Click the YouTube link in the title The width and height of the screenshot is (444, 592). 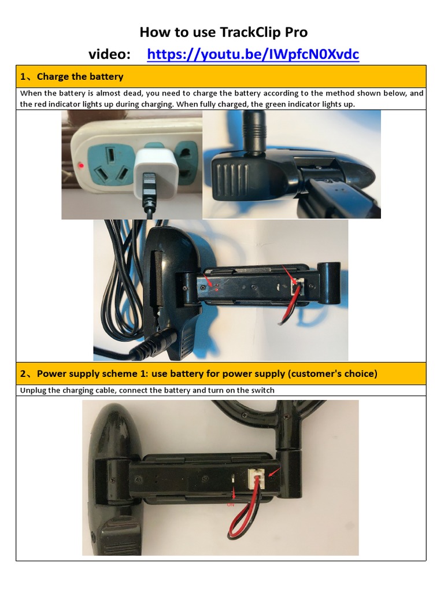pyautogui.click(x=253, y=54)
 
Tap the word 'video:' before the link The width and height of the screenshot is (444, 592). pyautogui.click(x=109, y=54)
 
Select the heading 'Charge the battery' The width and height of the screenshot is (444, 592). pyautogui.click(x=80, y=76)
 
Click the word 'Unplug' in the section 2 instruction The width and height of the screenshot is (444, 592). pyautogui.click(x=34, y=390)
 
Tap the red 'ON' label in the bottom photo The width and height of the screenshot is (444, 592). pyautogui.click(x=231, y=502)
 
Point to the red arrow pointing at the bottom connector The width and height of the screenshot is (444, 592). pyautogui.click(x=273, y=474)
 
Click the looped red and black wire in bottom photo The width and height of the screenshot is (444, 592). pyautogui.click(x=242, y=520)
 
